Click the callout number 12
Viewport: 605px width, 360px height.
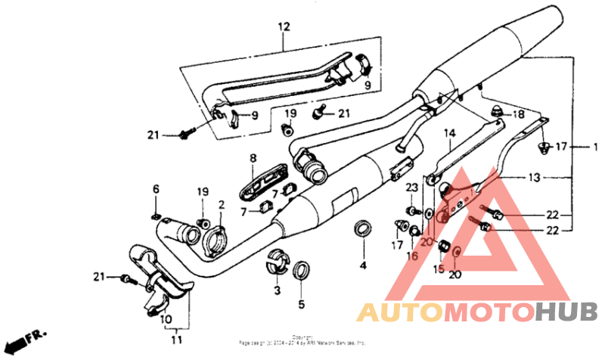pyautogui.click(x=284, y=27)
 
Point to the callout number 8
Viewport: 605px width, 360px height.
pyautogui.click(x=254, y=158)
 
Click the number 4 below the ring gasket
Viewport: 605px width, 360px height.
pyautogui.click(x=362, y=265)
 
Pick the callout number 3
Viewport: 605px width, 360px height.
pyautogui.click(x=277, y=290)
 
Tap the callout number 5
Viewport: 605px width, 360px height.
pyautogui.click(x=301, y=305)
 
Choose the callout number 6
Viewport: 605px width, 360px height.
pyautogui.click(x=156, y=189)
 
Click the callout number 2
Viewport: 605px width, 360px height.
pyautogui.click(x=222, y=205)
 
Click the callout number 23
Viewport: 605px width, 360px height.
pyautogui.click(x=412, y=188)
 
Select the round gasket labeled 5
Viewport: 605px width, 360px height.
pyautogui.click(x=301, y=269)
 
